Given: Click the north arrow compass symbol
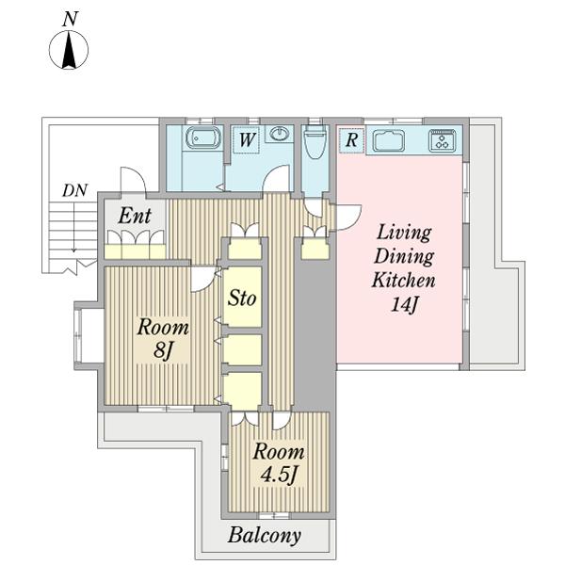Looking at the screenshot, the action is pos(69,50).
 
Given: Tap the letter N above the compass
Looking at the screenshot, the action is pos(70,19).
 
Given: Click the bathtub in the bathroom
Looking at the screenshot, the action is pos(202,137).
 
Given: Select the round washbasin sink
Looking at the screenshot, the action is pos(280,134).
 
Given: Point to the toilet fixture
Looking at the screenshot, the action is pos(315,141).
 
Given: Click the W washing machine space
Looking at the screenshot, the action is pos(247,139).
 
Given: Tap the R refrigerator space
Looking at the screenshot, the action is pos(351,139).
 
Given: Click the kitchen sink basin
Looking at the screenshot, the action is pos(388,140).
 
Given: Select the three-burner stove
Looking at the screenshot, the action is pos(443,140).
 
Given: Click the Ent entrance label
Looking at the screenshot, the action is pos(135,216).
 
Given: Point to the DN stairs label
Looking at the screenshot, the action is pos(75,190).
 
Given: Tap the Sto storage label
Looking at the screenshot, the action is pos(242,298).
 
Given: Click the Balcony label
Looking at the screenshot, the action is pos(265,536).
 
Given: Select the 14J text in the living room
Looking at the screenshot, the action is pos(404,304).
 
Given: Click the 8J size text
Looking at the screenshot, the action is pos(163,350).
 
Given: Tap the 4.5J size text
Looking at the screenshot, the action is pos(280,475).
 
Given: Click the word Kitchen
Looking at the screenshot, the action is pos(404,280).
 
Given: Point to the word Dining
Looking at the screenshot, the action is pos(404,256).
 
